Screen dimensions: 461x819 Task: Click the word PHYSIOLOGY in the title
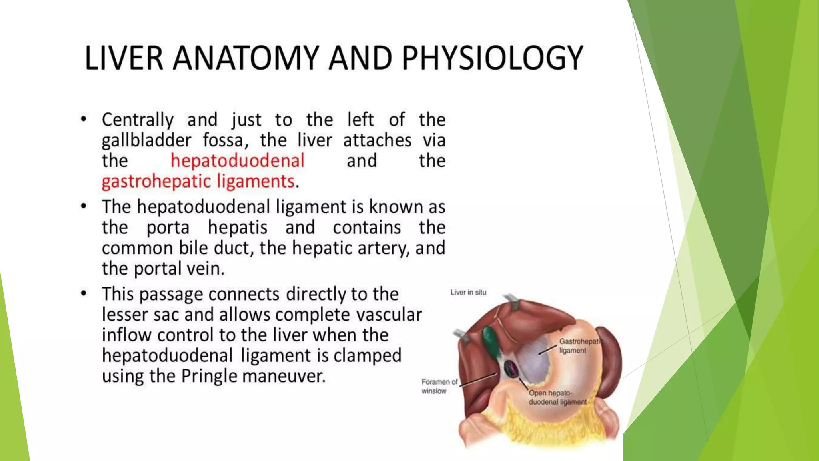492,58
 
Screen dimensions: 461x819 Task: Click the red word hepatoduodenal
238,161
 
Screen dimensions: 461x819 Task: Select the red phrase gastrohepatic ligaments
198,181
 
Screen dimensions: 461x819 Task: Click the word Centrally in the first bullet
138,120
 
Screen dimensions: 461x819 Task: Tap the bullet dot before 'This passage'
84,293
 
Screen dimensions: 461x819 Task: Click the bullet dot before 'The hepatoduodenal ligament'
84,206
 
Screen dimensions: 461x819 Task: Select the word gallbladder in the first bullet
146,140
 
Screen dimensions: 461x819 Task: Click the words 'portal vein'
179,269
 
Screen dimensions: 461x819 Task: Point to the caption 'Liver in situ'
468,293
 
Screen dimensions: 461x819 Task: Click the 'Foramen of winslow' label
439,386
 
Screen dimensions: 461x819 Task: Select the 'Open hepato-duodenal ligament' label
557,397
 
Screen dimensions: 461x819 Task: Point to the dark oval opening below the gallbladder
511,369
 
